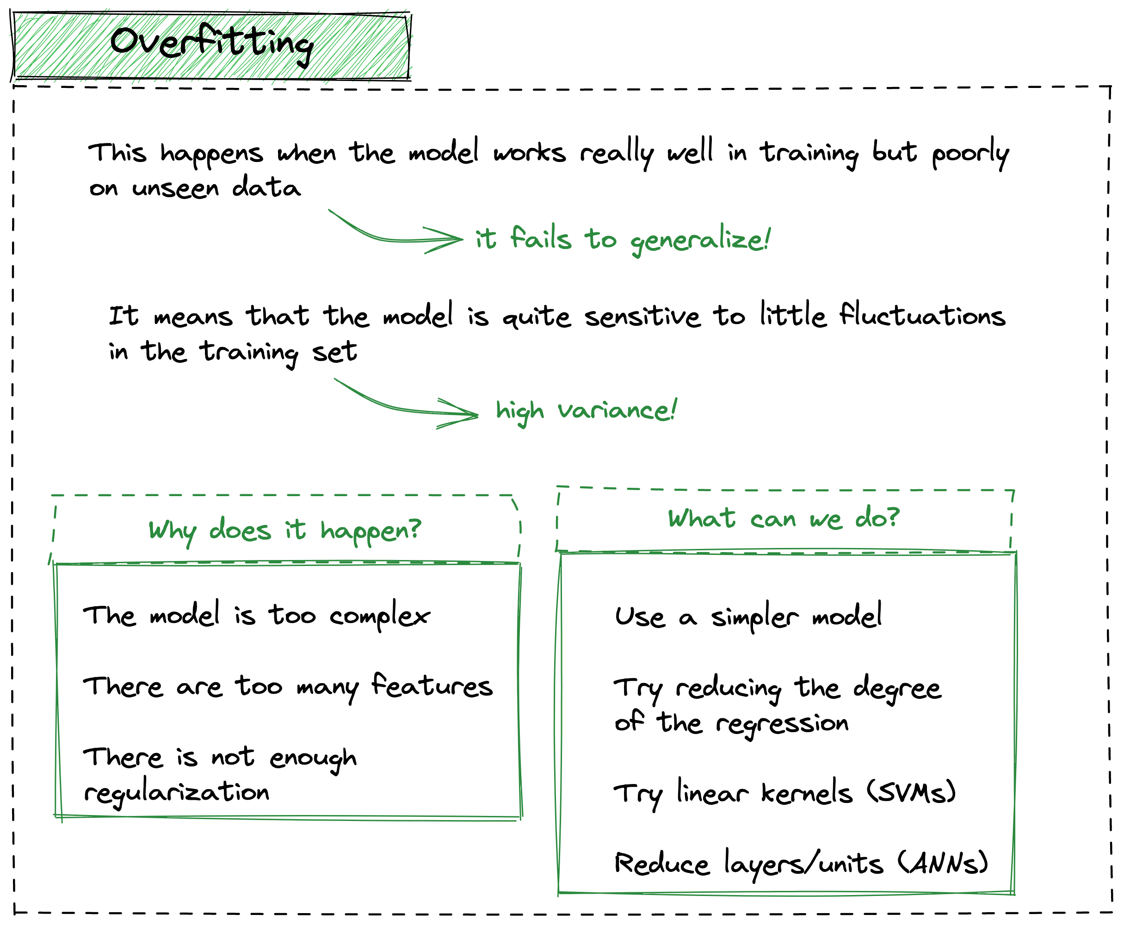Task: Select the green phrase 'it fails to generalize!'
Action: click(622, 240)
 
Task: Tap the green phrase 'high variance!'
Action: click(586, 411)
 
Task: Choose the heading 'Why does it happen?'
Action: click(284, 531)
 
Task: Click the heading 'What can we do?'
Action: click(784, 518)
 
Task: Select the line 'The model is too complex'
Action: click(256, 616)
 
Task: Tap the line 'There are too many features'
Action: click(287, 686)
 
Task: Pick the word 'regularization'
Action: click(177, 792)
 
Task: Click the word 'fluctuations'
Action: click(922, 315)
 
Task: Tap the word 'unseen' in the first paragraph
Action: click(175, 188)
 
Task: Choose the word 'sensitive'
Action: click(642, 317)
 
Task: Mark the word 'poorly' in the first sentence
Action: click(970, 154)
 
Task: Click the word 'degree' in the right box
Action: click(896, 689)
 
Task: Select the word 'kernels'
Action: click(806, 793)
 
